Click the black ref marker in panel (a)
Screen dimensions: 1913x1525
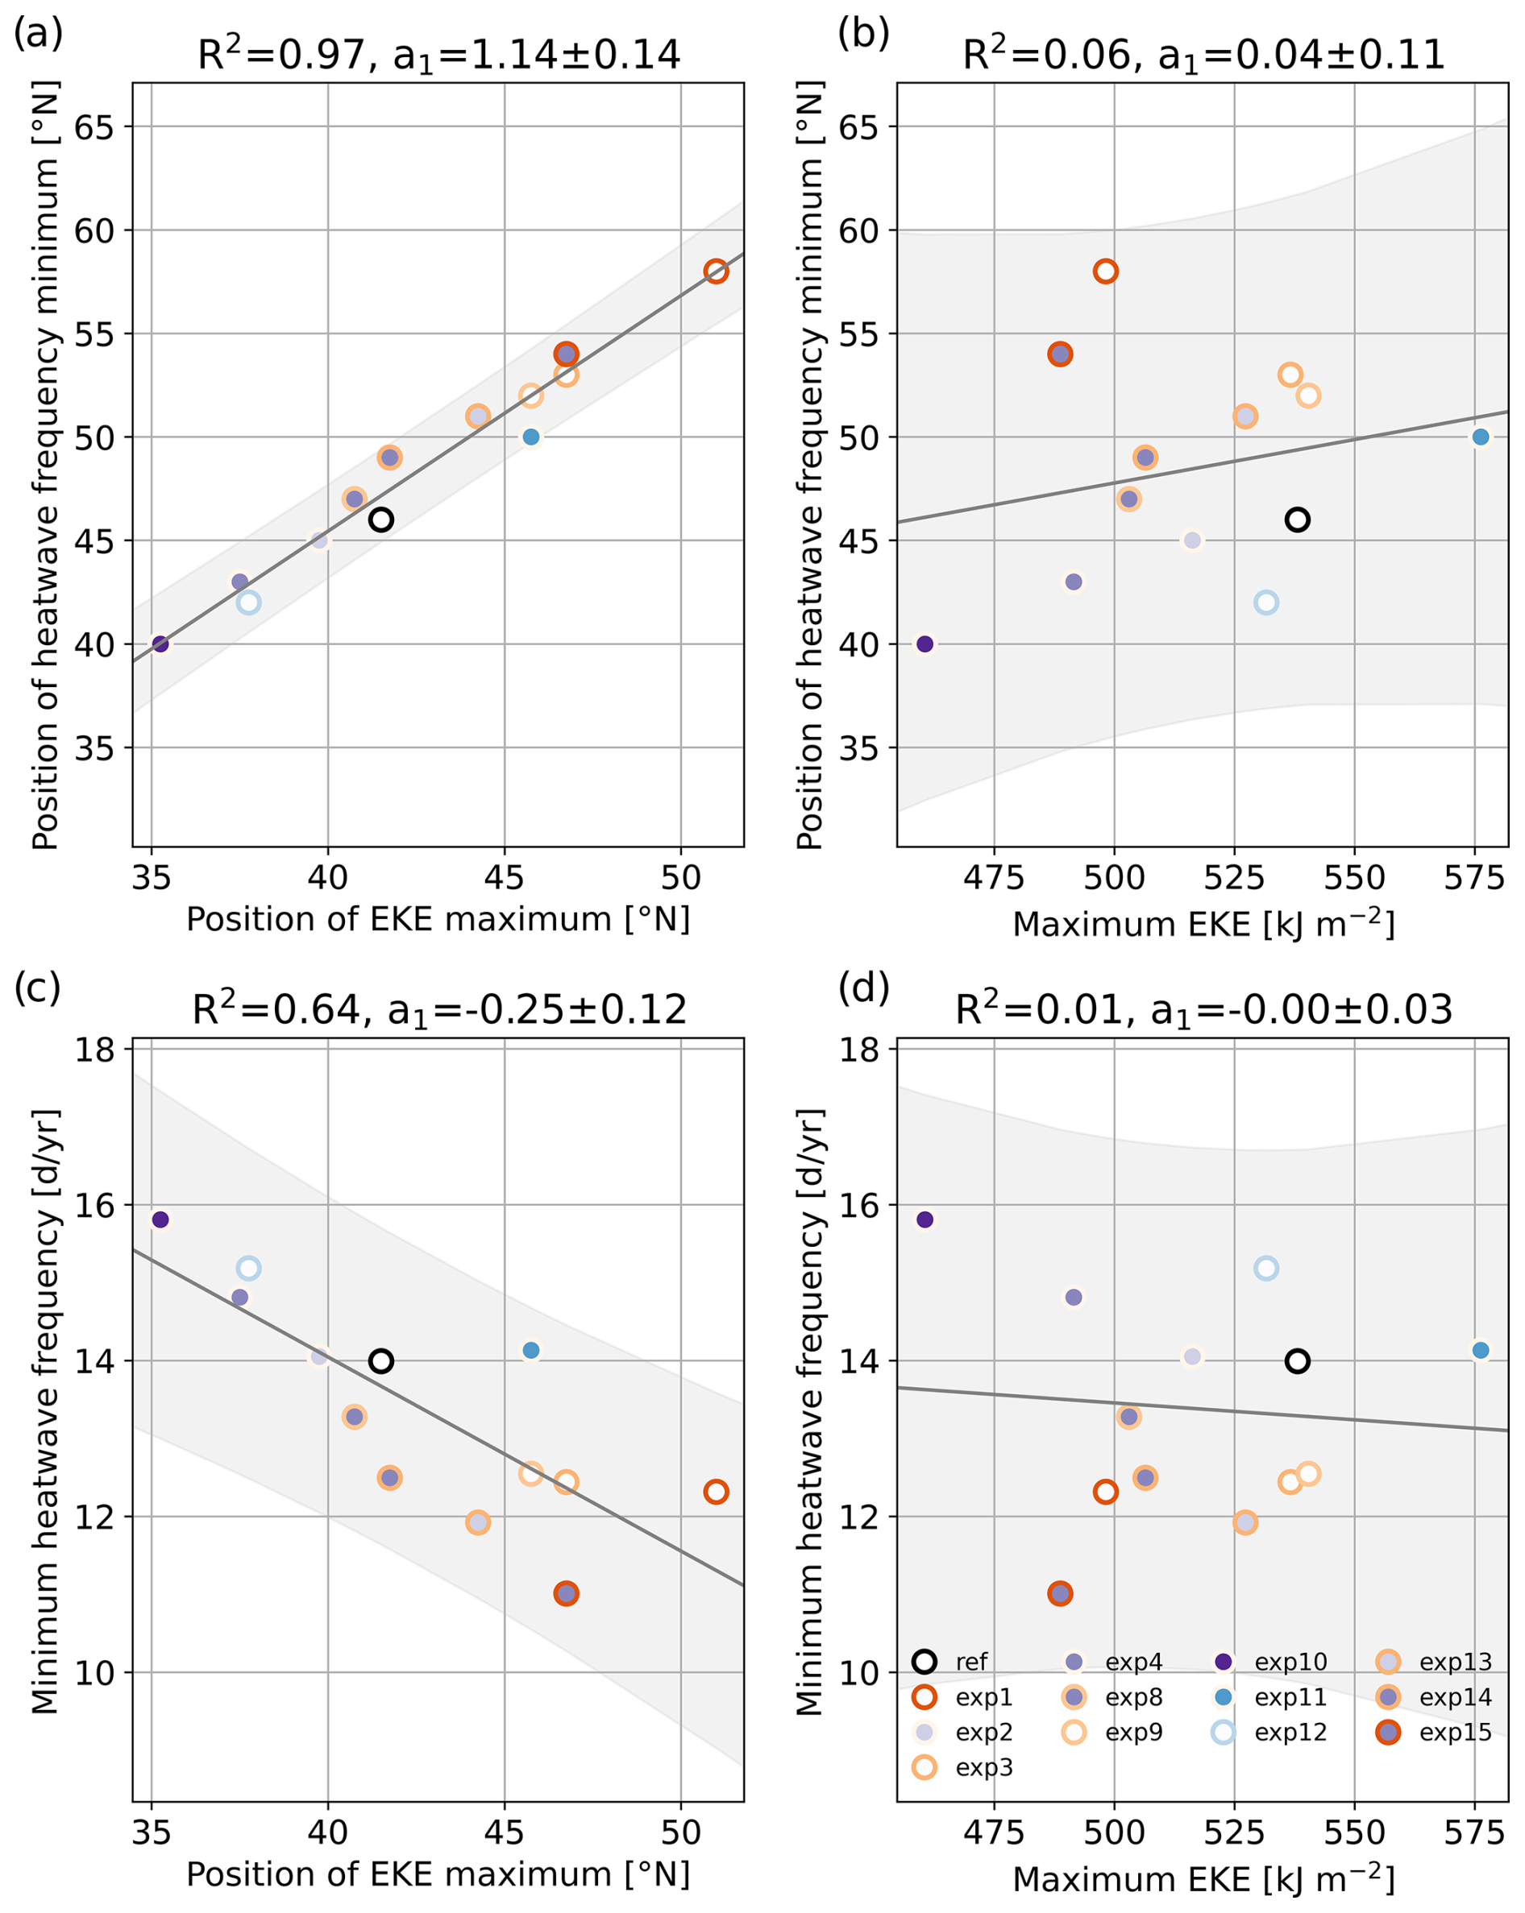[380, 519]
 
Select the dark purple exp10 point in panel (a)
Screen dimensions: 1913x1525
[160, 644]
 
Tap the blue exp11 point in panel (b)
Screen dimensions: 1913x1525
[1481, 437]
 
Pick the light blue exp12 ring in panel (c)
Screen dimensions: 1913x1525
[248, 1268]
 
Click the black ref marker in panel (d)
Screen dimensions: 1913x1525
[1297, 1361]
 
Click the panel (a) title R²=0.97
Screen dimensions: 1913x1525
[438, 55]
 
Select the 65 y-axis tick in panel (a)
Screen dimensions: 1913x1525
[95, 127]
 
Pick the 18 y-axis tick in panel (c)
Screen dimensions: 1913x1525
[95, 1050]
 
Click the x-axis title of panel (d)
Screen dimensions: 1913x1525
[1203, 1879]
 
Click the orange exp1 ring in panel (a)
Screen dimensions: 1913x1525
[717, 271]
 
